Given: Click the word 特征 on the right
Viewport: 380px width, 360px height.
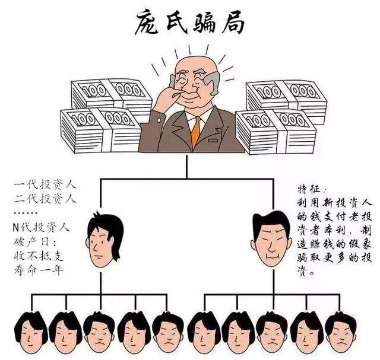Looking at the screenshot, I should click(x=311, y=189).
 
